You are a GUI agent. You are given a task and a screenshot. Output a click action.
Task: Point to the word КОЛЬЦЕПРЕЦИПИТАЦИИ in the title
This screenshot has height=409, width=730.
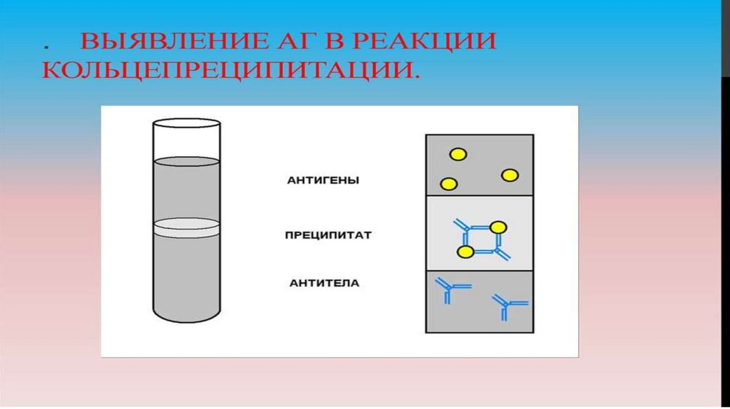(x=228, y=71)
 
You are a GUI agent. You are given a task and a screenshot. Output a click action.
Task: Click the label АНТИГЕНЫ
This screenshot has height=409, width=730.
(x=323, y=181)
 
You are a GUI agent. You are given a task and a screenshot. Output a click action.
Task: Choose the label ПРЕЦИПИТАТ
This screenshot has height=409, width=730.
(x=327, y=234)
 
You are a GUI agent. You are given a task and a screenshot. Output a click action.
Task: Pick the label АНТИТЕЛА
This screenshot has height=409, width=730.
(x=324, y=284)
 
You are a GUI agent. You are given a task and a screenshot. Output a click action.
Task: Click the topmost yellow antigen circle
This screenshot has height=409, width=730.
(x=457, y=154)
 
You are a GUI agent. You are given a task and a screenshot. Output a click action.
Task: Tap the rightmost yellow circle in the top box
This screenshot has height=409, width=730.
(x=509, y=175)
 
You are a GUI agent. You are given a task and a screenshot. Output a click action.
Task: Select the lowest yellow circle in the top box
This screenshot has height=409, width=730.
(x=448, y=185)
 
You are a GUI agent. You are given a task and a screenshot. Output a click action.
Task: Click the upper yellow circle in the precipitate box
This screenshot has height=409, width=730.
(x=498, y=227)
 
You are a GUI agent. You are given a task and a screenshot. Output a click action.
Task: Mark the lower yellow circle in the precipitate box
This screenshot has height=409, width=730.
(x=465, y=252)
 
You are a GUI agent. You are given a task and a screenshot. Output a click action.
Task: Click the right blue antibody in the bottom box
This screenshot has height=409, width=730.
(x=508, y=305)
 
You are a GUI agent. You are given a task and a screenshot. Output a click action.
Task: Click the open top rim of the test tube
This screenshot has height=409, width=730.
(x=187, y=124)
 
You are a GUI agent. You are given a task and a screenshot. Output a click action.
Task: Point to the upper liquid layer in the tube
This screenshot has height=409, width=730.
(x=187, y=189)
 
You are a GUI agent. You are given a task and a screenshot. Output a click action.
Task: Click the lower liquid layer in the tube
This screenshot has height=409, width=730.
(x=187, y=274)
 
